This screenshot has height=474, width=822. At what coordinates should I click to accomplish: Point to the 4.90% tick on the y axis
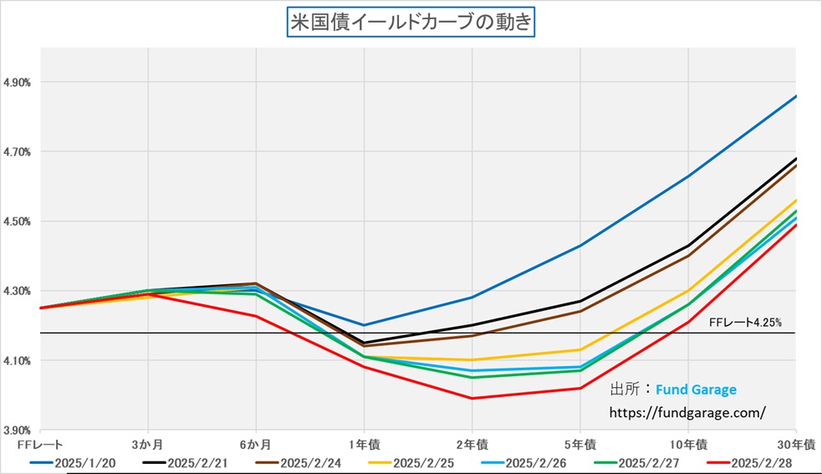click(x=18, y=83)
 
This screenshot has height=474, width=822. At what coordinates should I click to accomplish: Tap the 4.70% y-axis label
click(x=18, y=152)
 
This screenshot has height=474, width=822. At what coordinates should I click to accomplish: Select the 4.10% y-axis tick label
click(x=18, y=360)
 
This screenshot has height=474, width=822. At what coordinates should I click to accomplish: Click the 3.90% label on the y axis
click(x=18, y=429)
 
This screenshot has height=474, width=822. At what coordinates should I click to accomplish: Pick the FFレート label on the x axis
click(x=34, y=442)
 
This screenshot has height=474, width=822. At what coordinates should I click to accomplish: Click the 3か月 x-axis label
click(x=148, y=442)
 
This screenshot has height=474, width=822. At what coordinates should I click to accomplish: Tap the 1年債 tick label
click(x=364, y=442)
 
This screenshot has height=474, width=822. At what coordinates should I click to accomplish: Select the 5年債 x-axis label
click(x=579, y=442)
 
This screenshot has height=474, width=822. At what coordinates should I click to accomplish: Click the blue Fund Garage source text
click(x=696, y=390)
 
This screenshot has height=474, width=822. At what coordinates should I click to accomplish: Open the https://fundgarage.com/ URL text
click(x=688, y=412)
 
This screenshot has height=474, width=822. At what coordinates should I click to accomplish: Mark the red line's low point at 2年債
click(x=472, y=398)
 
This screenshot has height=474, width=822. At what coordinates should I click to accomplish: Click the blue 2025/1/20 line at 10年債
click(x=687, y=176)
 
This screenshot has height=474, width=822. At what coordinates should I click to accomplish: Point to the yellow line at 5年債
click(x=579, y=349)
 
